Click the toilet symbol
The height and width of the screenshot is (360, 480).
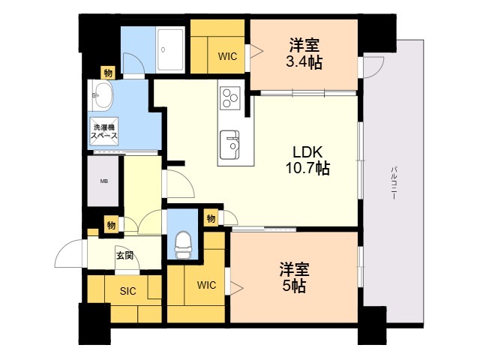(181, 242)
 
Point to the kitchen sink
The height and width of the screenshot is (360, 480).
(229, 140)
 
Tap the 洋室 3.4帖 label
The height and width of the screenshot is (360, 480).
(304, 55)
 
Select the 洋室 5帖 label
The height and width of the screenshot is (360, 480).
(294, 277)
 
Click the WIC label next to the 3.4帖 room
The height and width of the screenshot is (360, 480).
(228, 55)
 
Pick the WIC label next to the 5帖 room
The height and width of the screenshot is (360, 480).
(207, 285)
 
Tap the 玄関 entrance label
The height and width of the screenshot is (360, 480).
(124, 255)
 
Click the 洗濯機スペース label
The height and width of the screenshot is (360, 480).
(104, 131)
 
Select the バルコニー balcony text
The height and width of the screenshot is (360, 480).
(393, 181)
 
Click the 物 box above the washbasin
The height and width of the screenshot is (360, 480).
(108, 73)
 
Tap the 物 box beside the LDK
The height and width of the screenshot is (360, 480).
(211, 217)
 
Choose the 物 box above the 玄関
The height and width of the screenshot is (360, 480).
(110, 224)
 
